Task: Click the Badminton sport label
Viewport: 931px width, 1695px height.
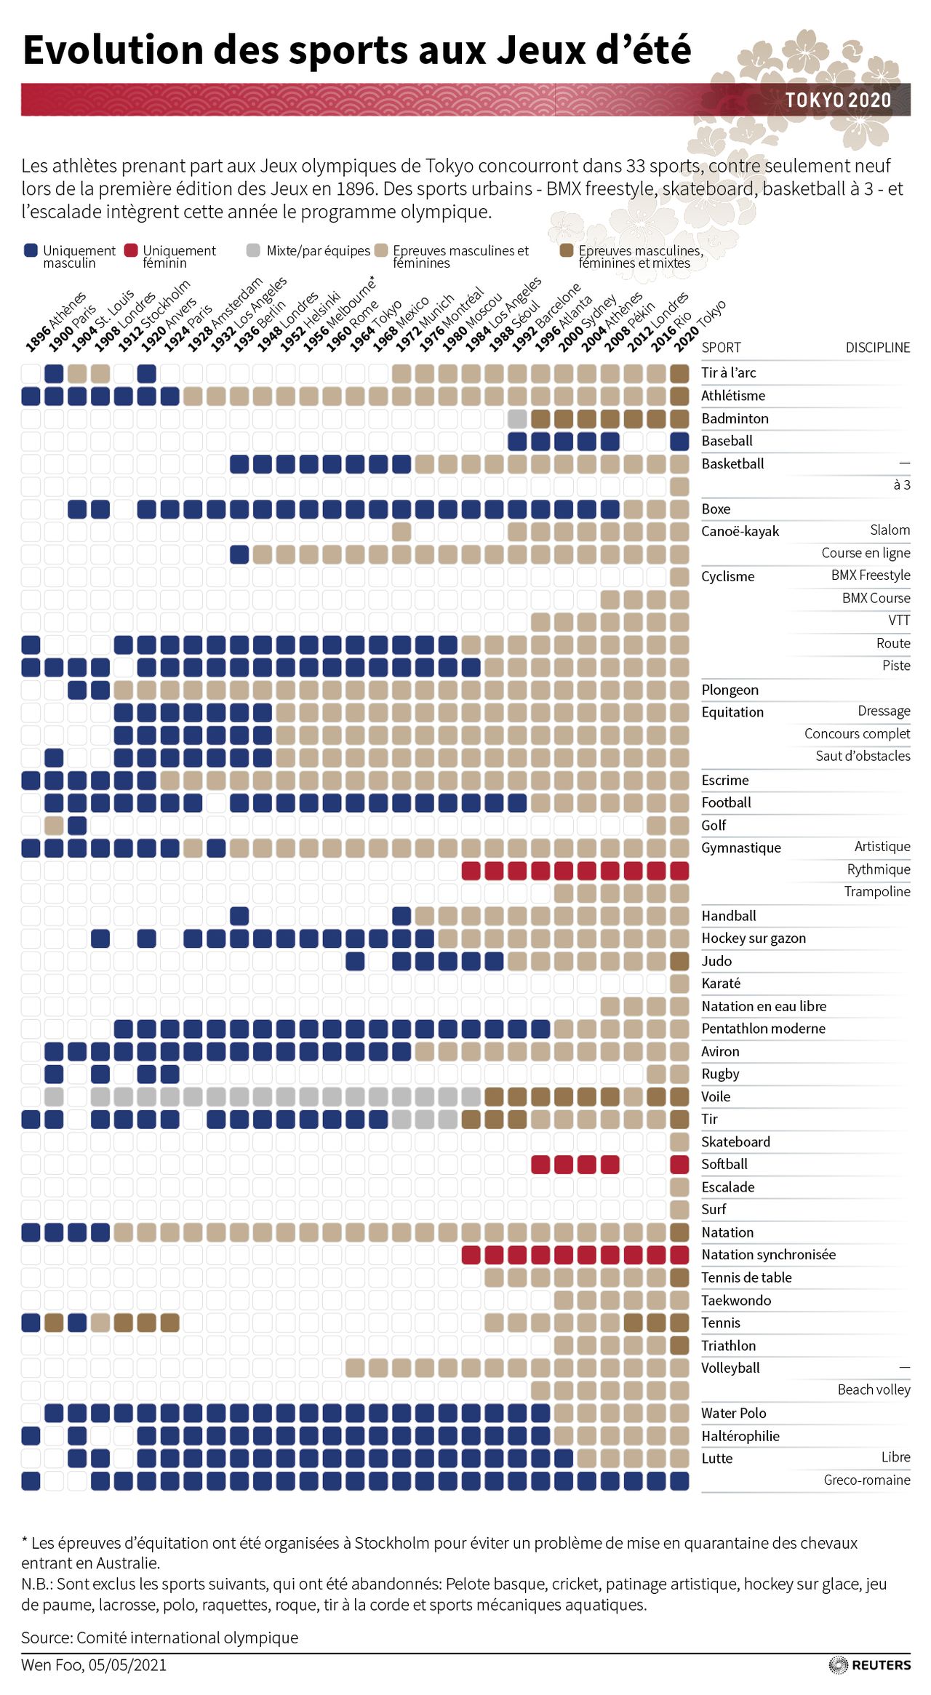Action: pos(735,418)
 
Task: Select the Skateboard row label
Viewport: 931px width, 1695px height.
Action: pos(735,1141)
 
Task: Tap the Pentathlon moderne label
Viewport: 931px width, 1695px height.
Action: pos(763,1028)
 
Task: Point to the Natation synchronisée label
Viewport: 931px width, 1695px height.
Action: pos(768,1254)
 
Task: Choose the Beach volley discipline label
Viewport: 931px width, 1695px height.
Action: pos(874,1389)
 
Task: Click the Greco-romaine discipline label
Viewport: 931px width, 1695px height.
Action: pos(866,1480)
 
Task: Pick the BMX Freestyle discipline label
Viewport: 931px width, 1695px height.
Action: pos(870,575)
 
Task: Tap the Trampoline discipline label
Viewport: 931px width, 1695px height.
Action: pos(876,891)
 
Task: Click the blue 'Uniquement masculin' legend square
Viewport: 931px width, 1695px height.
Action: pos(30,250)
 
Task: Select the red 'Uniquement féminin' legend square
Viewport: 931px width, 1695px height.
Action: pos(131,250)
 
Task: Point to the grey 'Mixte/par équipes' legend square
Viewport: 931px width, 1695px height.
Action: pos(253,250)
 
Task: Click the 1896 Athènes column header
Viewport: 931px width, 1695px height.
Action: pos(55,322)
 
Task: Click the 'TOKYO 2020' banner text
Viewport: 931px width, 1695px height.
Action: pos(838,100)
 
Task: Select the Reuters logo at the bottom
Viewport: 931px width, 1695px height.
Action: pos(870,1664)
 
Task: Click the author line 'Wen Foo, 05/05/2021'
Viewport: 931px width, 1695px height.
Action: pos(94,1664)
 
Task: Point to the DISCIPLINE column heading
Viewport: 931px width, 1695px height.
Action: pos(877,348)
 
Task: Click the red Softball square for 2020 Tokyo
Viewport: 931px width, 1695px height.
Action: pos(679,1164)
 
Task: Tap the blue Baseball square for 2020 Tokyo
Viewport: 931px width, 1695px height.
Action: pos(679,441)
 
